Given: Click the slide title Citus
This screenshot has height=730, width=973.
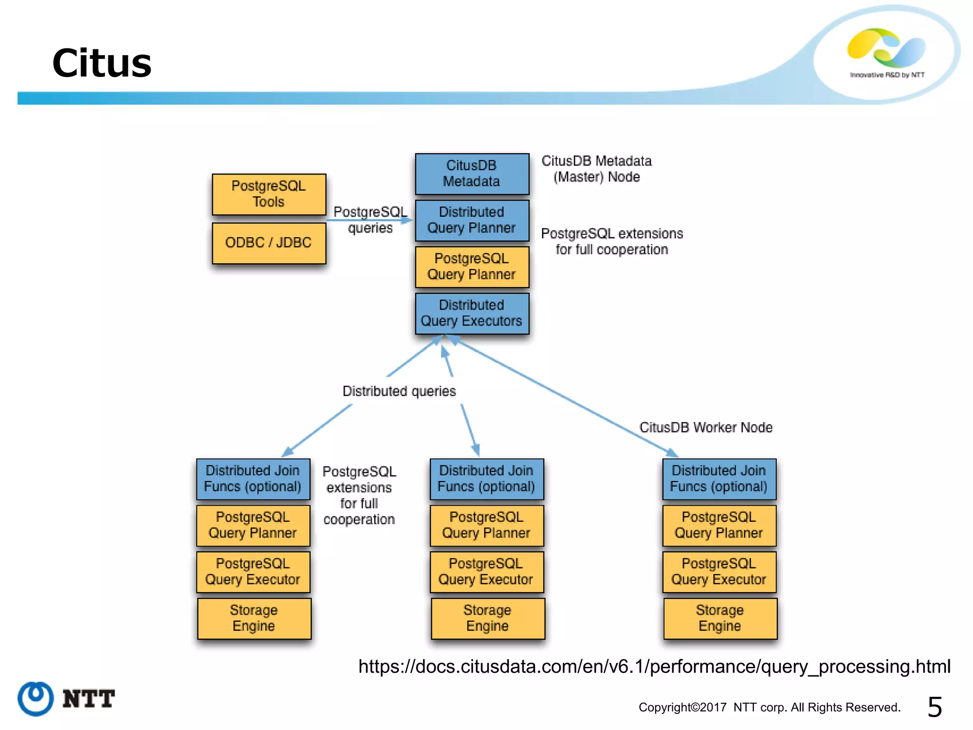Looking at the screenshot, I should click(x=102, y=63).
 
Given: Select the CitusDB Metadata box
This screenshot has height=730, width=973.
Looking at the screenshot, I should click(x=472, y=173).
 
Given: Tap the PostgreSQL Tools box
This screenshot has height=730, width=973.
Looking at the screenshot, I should click(x=269, y=194).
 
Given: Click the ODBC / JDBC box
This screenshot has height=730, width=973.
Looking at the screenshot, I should click(x=269, y=243).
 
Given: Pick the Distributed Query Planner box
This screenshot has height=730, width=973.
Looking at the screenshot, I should click(x=472, y=220).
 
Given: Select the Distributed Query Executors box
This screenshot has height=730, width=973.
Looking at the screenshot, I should click(x=472, y=313).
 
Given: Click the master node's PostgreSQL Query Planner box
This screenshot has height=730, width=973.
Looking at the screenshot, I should click(x=472, y=267).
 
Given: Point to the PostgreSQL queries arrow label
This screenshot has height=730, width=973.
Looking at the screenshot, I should click(x=370, y=220).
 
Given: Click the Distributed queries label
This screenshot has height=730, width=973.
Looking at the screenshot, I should click(x=399, y=391).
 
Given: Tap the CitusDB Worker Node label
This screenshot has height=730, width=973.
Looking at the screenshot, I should click(x=706, y=427).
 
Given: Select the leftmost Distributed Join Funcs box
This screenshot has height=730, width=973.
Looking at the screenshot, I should click(x=253, y=479).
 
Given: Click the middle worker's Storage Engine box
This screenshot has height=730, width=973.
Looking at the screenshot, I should click(x=487, y=618).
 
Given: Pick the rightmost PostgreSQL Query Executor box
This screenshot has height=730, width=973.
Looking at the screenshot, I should click(x=719, y=572).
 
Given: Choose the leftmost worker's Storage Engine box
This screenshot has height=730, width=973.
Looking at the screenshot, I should click(x=254, y=618).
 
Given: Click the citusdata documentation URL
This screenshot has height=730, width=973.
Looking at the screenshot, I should click(x=654, y=666).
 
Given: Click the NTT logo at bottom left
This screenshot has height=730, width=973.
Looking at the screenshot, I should click(x=67, y=699).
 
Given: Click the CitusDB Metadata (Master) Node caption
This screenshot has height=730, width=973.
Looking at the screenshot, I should click(x=597, y=169).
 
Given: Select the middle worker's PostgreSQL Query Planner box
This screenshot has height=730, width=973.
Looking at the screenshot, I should click(x=486, y=525).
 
